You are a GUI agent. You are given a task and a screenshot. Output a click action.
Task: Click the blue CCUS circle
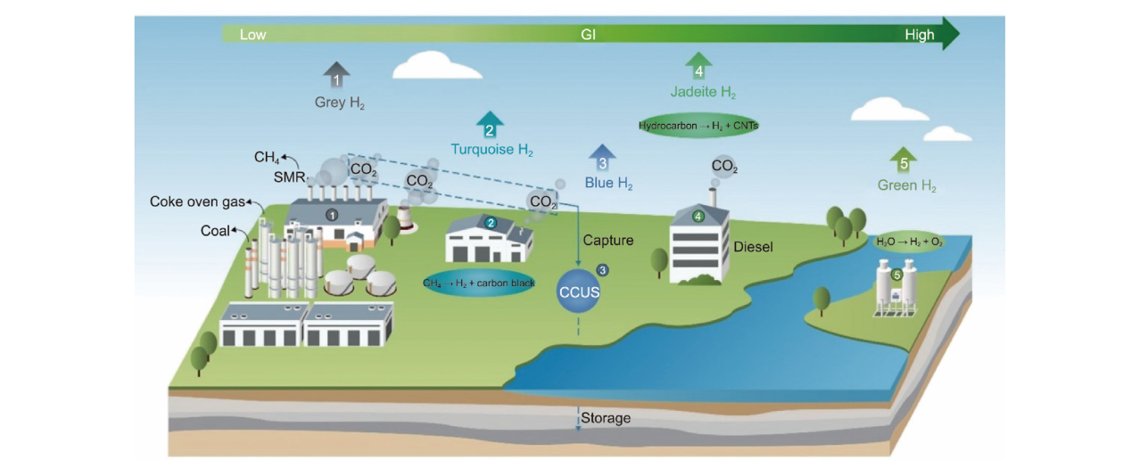tap(579, 291)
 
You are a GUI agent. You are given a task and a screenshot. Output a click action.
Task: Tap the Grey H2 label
tap(340, 103)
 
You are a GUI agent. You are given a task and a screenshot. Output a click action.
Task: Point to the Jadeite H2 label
tap(703, 92)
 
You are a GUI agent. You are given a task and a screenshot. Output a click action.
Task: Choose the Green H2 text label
tap(907, 185)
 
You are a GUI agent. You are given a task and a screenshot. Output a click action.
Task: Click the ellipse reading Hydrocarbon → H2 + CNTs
tap(698, 126)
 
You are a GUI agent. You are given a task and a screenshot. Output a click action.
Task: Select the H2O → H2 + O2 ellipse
tap(908, 242)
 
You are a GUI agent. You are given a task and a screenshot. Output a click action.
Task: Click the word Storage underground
tap(606, 418)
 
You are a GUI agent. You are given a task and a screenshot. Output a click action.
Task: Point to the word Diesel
tap(753, 247)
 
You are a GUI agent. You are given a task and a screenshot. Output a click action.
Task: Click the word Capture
tap(608, 240)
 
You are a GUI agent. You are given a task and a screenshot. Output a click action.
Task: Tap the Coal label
tap(215, 231)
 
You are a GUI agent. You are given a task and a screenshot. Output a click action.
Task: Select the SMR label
tap(289, 176)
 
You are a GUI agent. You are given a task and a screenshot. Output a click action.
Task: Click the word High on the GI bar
tap(919, 35)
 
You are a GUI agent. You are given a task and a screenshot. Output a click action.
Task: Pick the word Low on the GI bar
tap(252, 35)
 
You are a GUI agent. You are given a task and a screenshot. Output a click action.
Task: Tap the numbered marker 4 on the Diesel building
tap(698, 216)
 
